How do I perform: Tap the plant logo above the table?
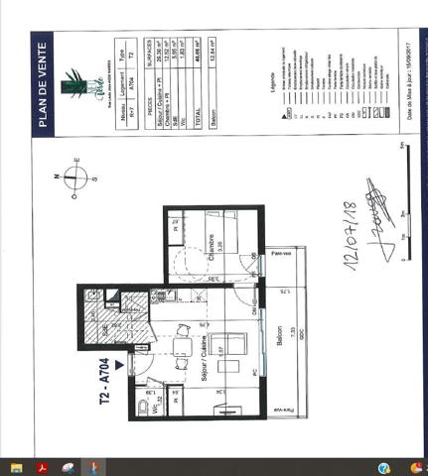[x=73, y=85]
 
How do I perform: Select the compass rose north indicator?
[x=75, y=178]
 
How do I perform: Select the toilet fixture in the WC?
[x=145, y=406]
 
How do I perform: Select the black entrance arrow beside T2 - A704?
[x=120, y=364]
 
